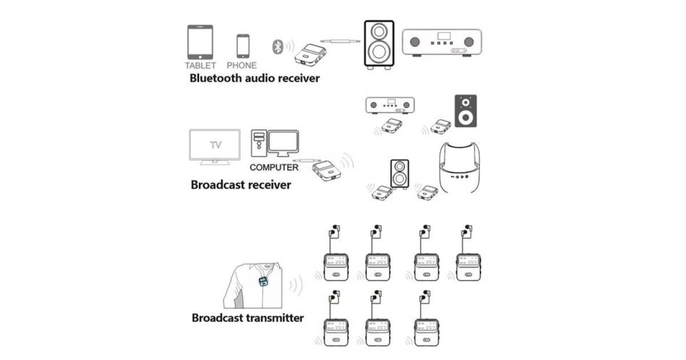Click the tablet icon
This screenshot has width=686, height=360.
point(200,42)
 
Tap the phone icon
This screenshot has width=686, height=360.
point(243,46)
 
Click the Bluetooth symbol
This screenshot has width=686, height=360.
point(277,46)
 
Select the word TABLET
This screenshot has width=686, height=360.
point(200,65)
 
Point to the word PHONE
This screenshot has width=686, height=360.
point(242,65)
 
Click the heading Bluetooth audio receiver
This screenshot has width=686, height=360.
point(254,78)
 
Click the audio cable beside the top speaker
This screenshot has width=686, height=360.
point(340,41)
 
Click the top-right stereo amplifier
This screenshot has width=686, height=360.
point(441,42)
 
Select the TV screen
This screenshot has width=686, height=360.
point(214,146)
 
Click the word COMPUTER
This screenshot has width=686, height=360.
point(274,167)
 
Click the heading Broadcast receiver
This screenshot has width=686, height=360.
point(241,185)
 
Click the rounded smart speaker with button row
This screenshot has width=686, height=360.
point(459,170)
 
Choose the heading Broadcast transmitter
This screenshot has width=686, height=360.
point(248,318)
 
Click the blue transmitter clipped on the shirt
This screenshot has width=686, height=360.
point(262,282)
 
